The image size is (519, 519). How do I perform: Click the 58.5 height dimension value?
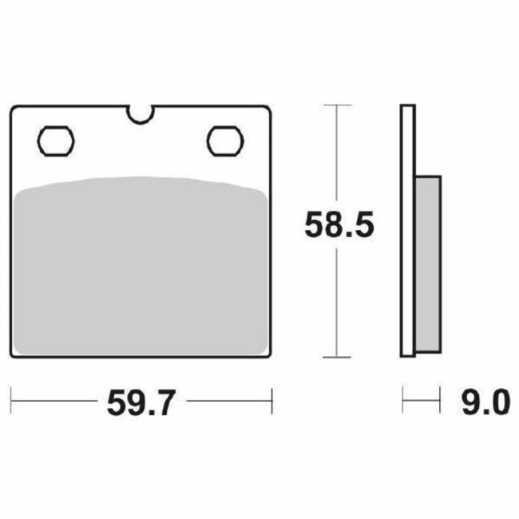(x=339, y=226)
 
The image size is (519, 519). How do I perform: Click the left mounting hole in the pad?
(x=56, y=141)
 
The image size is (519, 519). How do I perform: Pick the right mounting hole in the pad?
(x=224, y=141)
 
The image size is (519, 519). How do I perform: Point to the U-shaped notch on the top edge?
(x=141, y=115)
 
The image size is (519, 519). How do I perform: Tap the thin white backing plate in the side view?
(x=407, y=232)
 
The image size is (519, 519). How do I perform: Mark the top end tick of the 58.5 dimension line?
(x=339, y=105)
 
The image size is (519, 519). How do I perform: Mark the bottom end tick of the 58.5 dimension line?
(x=339, y=357)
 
